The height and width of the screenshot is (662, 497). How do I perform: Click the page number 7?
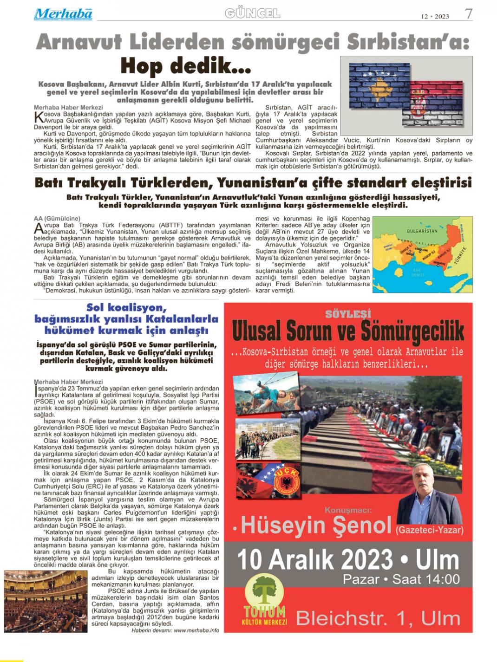point(468,14)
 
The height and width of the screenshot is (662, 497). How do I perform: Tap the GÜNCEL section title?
point(252,13)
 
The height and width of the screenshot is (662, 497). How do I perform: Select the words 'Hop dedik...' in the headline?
point(186,66)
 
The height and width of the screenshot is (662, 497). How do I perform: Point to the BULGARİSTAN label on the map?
point(422,231)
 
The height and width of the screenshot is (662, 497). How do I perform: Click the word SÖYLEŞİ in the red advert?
point(348,314)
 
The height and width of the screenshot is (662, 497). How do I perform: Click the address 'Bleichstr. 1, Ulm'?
point(378,618)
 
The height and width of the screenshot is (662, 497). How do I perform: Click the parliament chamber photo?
point(45,601)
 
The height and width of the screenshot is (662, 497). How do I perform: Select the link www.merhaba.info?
point(196,630)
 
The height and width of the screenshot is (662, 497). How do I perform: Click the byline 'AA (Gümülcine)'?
point(57,218)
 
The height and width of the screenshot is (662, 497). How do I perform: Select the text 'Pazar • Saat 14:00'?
point(401,579)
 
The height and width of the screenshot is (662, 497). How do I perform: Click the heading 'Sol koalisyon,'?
point(126,307)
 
